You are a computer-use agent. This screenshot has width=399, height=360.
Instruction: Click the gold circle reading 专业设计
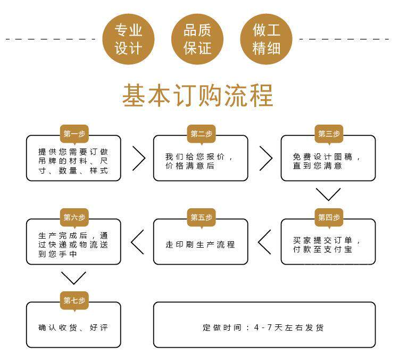click(129, 38)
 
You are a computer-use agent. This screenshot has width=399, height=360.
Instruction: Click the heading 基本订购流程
click(198, 95)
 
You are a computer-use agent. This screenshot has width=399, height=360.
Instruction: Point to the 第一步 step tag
click(74, 134)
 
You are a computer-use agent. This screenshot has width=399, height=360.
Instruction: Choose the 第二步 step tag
click(201, 134)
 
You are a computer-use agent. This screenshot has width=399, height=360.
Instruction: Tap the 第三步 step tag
click(329, 134)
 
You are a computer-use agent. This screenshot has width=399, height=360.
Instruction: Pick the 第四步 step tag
click(329, 217)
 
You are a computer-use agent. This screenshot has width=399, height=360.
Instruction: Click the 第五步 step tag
click(201, 217)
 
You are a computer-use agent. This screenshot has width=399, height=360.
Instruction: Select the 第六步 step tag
click(74, 217)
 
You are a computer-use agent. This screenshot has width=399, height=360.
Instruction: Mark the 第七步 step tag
click(74, 300)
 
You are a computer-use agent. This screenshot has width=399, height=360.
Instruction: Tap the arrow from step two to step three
click(265, 158)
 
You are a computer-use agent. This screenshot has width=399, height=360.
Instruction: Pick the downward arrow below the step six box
click(74, 277)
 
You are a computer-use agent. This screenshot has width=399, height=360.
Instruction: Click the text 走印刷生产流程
click(200, 244)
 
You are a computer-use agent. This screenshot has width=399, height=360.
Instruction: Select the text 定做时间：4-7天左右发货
click(263, 328)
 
